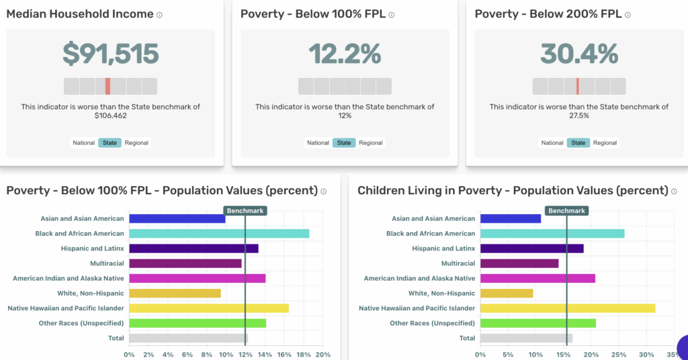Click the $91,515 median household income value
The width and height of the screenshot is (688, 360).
111,54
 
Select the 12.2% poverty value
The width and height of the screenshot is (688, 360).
345,54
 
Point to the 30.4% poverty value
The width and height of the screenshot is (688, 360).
578,54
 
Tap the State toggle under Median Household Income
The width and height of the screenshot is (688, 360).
110,142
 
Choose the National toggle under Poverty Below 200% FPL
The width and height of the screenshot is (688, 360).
552,142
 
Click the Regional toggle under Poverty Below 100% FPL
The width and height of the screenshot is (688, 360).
370,142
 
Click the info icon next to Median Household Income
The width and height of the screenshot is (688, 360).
159,15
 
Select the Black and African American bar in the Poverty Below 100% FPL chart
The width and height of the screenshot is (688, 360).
219,234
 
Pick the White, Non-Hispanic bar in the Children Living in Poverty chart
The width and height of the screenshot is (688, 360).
507,293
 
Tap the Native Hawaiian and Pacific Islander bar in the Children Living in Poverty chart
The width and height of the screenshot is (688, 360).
568,308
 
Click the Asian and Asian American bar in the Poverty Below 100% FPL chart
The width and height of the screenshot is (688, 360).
177,218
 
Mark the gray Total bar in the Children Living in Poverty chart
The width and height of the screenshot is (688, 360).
527,338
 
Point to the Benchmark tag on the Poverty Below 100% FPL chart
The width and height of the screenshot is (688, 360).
245,210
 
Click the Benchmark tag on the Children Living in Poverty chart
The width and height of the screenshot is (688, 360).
566,210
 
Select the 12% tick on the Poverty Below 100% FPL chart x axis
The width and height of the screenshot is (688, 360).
245,355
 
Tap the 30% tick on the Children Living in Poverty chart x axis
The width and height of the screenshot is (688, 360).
646,355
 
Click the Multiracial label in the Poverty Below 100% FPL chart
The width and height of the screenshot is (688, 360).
107,263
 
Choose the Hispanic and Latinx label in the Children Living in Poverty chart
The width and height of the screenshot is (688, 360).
443,249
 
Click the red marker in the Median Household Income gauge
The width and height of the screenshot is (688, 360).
107,86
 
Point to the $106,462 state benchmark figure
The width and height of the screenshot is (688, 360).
111,116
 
